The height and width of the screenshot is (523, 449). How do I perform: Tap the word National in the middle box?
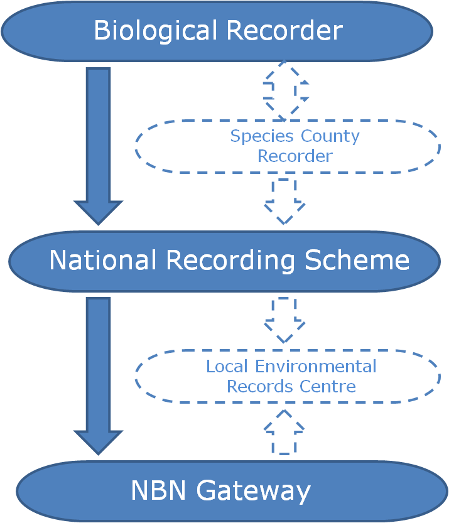[102, 260]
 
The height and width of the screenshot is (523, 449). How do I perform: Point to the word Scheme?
[357, 260]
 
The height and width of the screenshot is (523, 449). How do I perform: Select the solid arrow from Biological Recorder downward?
[99, 144]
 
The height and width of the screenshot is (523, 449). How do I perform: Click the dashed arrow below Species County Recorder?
[284, 201]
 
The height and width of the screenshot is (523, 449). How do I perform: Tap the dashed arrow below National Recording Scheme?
[284, 320]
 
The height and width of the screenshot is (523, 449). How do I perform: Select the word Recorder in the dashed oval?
[294, 155]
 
